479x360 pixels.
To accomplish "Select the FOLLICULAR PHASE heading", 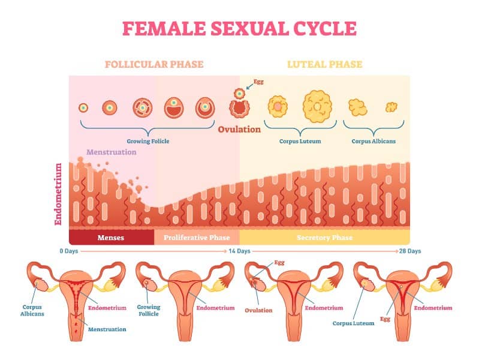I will click(154, 64).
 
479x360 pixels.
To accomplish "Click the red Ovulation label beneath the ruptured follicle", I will click(239, 129).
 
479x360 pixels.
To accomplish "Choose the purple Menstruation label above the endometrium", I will click(112, 152).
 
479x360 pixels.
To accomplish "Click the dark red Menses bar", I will click(112, 238).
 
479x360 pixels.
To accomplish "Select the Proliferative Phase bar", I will click(197, 238).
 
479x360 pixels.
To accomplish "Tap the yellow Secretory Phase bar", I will click(324, 238).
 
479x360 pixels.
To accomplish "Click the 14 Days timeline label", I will click(239, 251).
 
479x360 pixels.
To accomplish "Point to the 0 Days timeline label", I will click(70, 251).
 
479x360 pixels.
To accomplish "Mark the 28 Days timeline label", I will click(410, 251).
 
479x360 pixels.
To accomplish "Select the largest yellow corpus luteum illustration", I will click(317, 106).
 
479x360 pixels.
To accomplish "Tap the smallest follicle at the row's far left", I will click(84, 108).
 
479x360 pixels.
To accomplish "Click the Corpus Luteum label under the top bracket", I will click(300, 141).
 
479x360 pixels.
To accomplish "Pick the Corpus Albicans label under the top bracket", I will click(373, 141).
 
